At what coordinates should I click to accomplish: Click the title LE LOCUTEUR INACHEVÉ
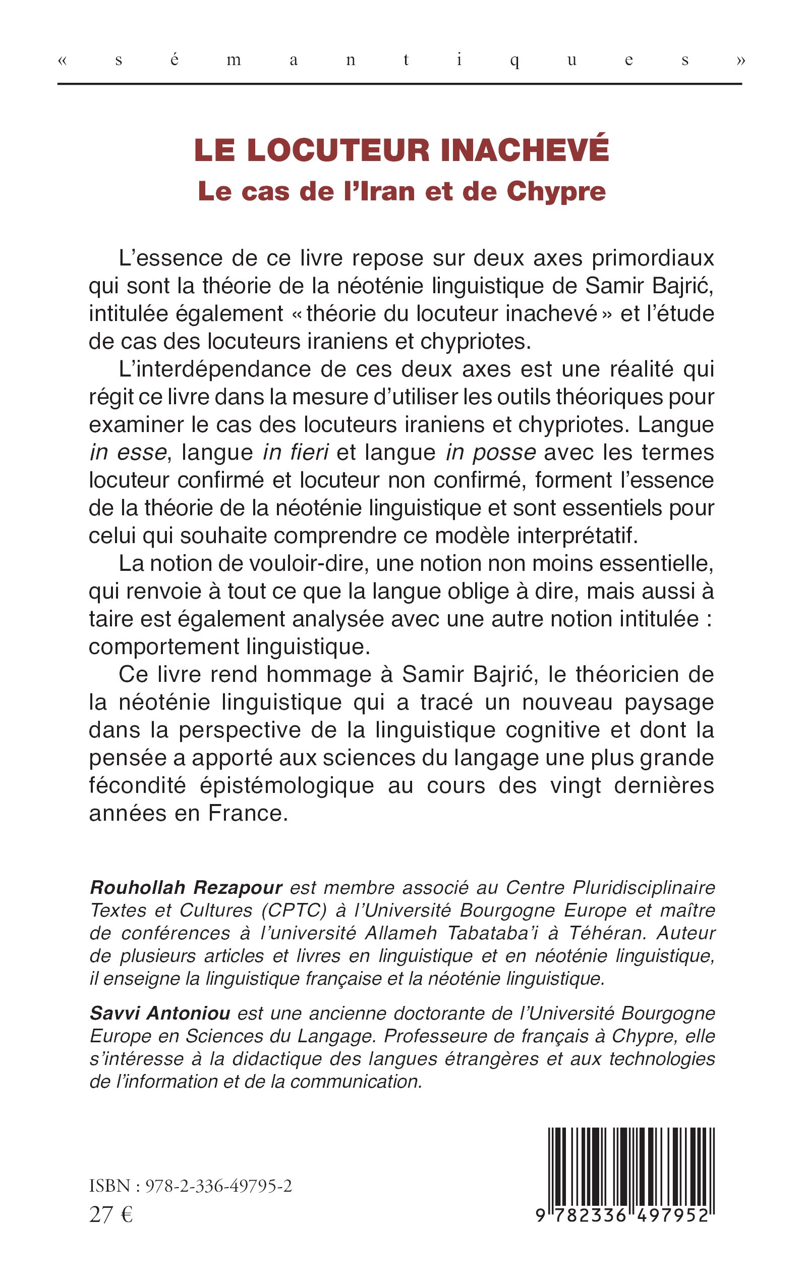[401, 150]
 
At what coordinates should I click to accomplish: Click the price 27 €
[110, 1215]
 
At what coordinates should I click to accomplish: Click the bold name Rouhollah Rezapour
[186, 887]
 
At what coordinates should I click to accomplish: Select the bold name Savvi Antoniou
[159, 1013]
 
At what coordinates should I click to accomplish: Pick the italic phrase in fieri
[296, 453]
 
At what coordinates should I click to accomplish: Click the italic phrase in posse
[491, 453]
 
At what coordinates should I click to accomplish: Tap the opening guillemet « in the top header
[63, 60]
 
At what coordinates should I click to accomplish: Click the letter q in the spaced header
[514, 61]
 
